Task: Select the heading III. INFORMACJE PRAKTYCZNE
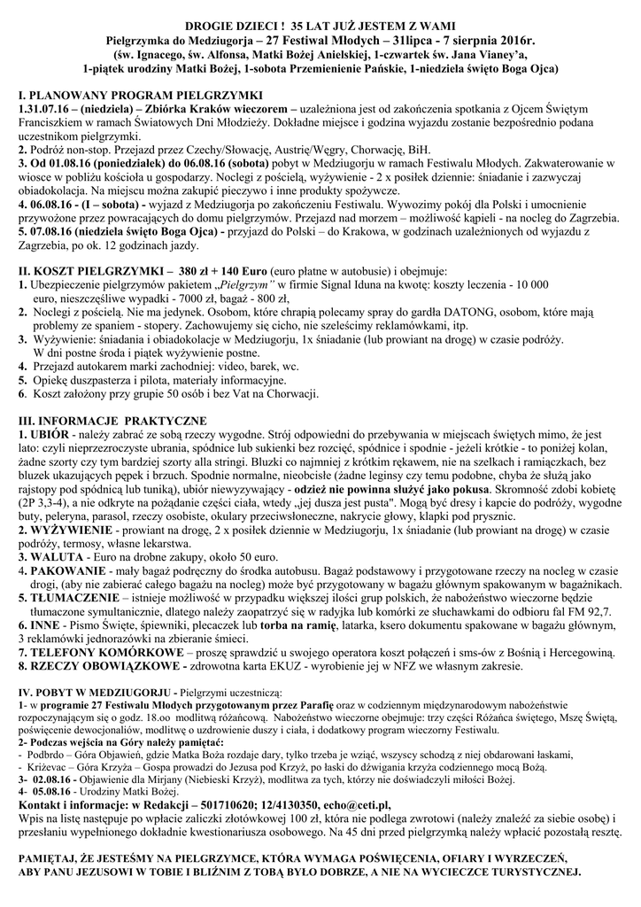point(112,419)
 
